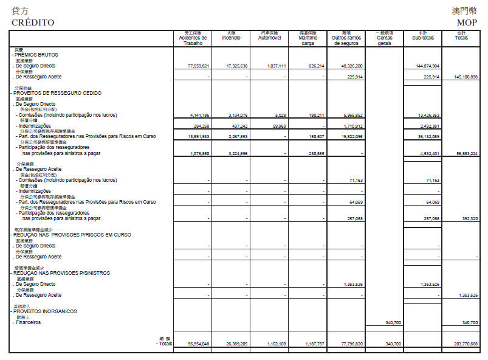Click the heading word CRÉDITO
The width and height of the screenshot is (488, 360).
pyautogui.click(x=33, y=22)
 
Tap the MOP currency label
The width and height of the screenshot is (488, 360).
pyautogui.click(x=467, y=22)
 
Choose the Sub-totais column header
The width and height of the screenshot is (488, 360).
pyautogui.click(x=423, y=37)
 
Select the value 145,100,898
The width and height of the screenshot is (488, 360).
pyautogui.click(x=466, y=77)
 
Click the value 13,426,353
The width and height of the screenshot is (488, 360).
pyautogui.click(x=428, y=115)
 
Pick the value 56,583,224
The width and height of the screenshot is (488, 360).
pyautogui.click(x=466, y=154)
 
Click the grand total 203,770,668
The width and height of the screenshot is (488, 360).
pyautogui.click(x=466, y=344)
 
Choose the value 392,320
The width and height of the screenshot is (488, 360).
pyautogui.click(x=467, y=218)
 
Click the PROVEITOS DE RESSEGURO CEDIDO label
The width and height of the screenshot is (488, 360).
pyautogui.click(x=57, y=93)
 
